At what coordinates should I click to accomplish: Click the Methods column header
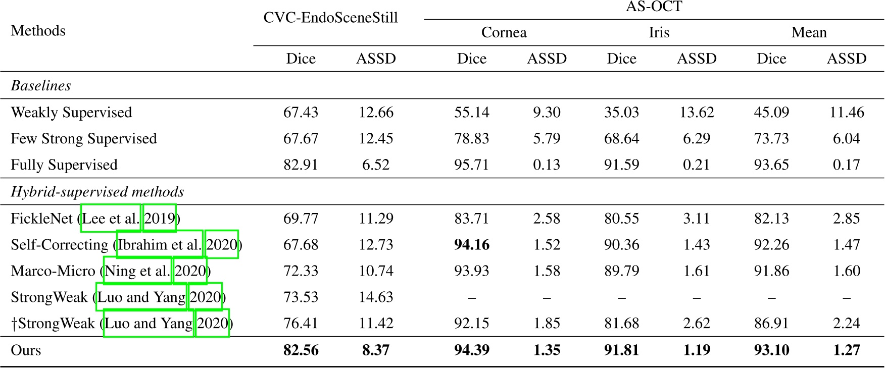[38, 31]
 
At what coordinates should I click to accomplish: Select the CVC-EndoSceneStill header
[330, 18]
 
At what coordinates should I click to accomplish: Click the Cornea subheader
[504, 33]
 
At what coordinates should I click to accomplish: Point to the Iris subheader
[659, 33]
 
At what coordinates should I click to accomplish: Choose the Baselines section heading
[40, 85]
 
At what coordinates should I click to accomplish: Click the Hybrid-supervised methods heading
[97, 192]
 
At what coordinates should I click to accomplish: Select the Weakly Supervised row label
[71, 112]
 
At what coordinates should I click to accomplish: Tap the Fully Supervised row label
[64, 165]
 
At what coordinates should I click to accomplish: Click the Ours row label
[26, 350]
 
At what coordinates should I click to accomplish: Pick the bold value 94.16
[471, 245]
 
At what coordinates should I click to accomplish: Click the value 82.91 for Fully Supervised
[301, 165]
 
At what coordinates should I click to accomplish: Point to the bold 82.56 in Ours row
[301, 350]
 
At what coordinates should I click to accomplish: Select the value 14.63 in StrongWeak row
[375, 297]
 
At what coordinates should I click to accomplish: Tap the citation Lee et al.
[111, 219]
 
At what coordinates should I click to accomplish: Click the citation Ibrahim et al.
[160, 245]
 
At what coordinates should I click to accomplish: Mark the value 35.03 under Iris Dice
[621, 112]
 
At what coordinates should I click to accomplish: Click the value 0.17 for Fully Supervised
[846, 165]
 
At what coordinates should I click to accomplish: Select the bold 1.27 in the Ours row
[846, 350]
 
